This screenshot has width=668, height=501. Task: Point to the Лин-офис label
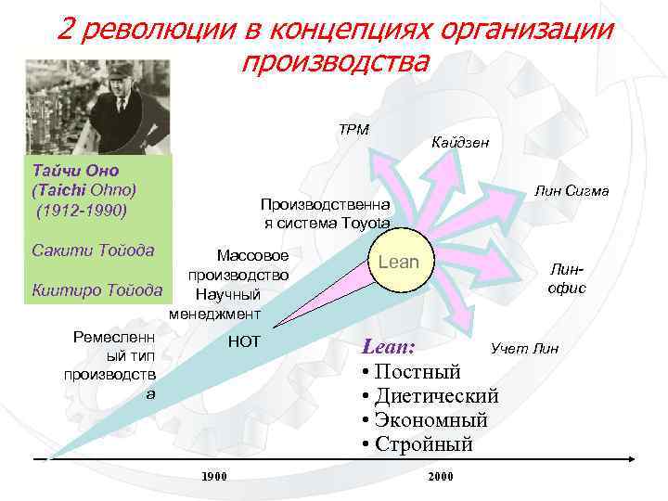click(x=566, y=276)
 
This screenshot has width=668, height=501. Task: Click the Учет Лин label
click(x=525, y=349)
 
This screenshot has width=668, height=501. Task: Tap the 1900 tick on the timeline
click(x=214, y=476)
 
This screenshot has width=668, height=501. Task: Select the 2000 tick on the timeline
click(x=440, y=476)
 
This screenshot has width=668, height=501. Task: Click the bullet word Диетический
click(x=437, y=396)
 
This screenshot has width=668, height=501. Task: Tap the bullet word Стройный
click(x=424, y=444)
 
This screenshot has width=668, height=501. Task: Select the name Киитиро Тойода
click(x=96, y=289)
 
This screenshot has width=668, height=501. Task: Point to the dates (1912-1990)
click(x=82, y=209)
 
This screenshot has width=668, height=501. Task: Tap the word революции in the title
click(x=176, y=30)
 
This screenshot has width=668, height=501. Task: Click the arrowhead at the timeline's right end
click(x=630, y=458)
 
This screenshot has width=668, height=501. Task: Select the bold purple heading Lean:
click(x=389, y=348)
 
